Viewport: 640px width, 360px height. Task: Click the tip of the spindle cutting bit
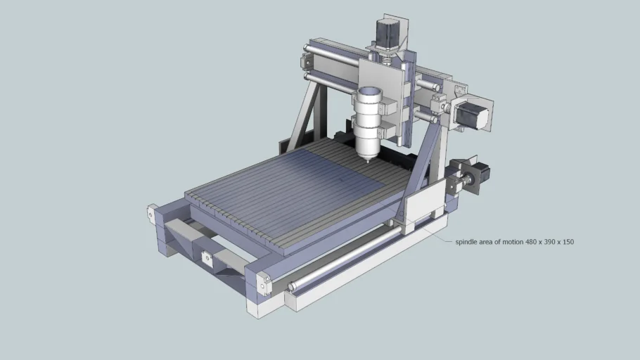point(366,161)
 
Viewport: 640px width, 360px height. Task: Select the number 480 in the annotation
point(525,242)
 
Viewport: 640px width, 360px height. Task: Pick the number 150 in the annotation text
point(567,242)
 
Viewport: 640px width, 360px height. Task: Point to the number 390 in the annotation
point(546,242)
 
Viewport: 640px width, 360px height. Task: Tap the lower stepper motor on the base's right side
point(480,174)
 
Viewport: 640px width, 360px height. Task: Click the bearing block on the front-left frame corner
point(151,213)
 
